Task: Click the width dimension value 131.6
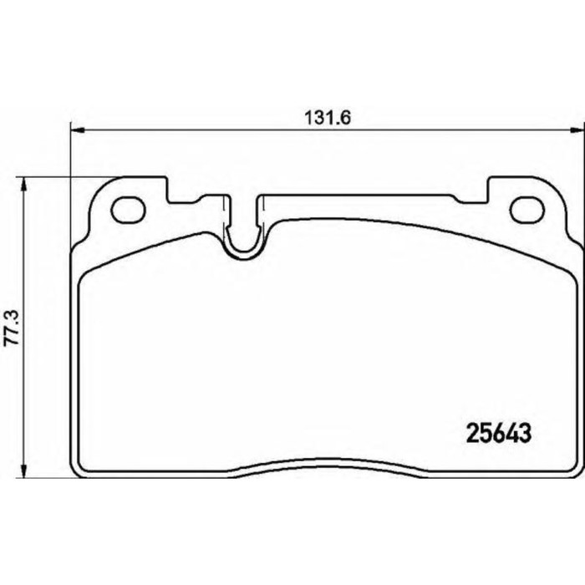(328, 119)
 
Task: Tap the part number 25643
(499, 434)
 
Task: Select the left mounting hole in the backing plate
(128, 210)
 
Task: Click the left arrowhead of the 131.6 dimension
(78, 130)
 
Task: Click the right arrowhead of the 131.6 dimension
(577, 130)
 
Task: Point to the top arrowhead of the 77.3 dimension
(24, 185)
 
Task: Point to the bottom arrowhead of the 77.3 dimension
(24, 471)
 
